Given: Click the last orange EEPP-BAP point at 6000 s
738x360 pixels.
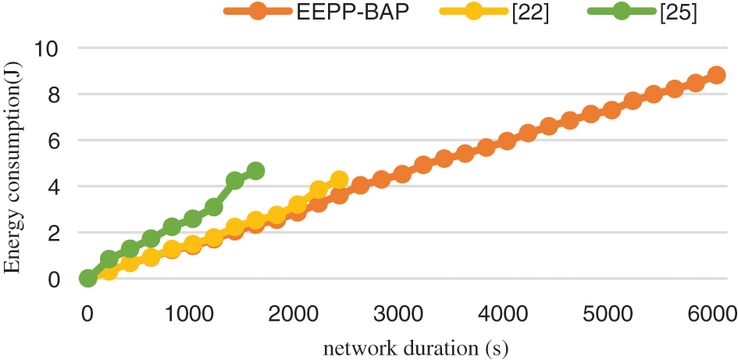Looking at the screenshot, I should click(716, 75).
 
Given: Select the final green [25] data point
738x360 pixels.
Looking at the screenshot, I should click(255, 170).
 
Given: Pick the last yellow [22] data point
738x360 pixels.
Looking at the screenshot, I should click(339, 180).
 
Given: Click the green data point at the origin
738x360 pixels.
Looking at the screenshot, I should click(87, 278).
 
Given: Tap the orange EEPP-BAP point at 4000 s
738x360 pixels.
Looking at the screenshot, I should click(507, 141).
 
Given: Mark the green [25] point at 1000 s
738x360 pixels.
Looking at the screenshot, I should click(193, 219).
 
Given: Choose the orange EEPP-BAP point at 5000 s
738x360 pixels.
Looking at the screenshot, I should click(611, 110).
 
